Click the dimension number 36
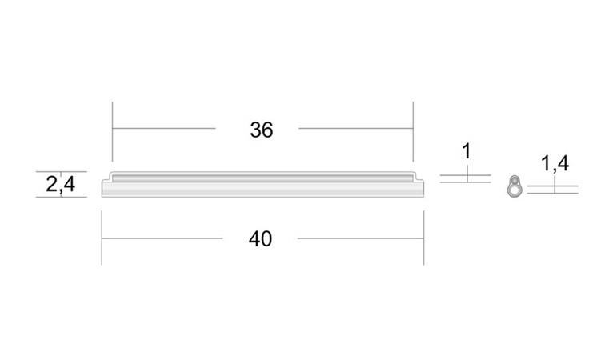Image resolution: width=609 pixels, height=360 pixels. pos(262,130)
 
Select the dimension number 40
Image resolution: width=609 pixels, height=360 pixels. pos(260,239)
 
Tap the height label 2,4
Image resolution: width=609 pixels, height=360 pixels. pos(61,184)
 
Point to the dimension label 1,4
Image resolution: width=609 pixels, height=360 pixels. pos(555,163)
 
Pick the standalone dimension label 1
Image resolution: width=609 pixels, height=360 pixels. pos(467,151)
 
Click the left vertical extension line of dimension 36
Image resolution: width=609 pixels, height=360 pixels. pos(113,132)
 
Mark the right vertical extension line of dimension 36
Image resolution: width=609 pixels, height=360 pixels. pos(413,132)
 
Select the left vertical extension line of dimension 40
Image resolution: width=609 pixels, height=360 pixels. pos(102,238)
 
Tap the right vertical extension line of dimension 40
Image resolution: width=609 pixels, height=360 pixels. pos(423,238)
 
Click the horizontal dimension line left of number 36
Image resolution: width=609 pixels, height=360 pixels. pos(164,128)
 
